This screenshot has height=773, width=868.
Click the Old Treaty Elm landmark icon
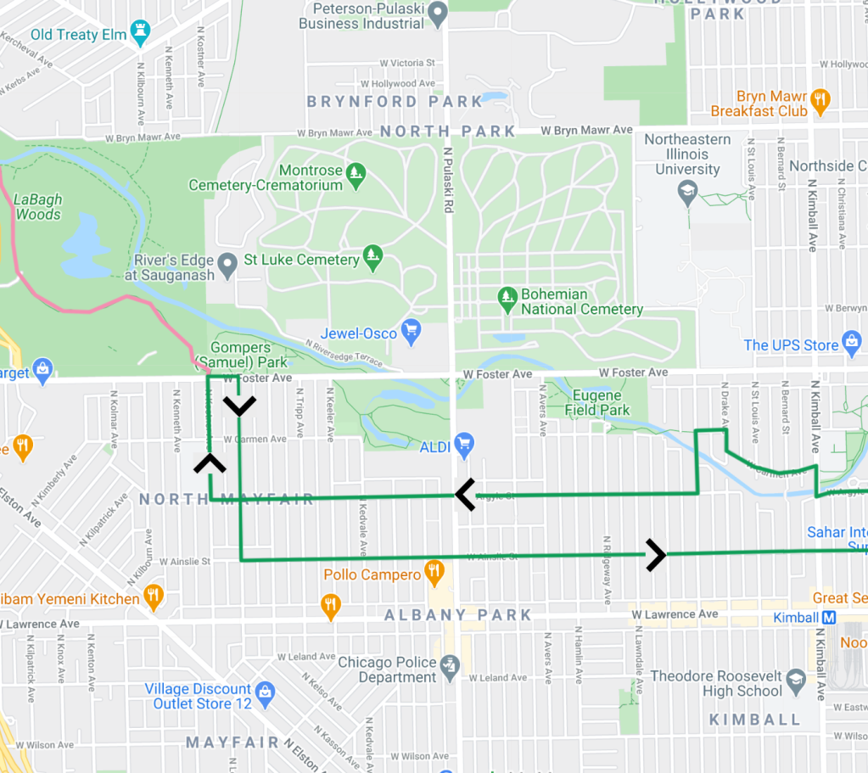[141, 34]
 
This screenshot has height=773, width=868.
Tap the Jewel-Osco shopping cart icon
[412, 332]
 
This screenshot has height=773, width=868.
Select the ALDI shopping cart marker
[463, 443]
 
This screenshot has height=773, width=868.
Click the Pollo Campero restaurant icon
[434, 574]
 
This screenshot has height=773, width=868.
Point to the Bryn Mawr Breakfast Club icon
[820, 101]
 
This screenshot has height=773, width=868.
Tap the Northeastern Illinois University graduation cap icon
[687, 194]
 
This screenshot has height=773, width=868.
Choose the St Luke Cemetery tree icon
[372, 255]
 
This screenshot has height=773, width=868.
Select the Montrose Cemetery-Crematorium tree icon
[356, 172]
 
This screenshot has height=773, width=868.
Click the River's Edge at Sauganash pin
[227, 265]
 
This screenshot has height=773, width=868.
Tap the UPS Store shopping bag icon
[852, 344]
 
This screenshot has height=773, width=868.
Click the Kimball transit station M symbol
[829, 617]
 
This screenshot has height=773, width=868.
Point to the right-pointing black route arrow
[655, 555]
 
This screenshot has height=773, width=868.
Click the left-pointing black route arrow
[465, 494]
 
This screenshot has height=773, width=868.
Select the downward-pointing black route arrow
[240, 406]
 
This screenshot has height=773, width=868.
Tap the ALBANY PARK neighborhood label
[458, 614]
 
